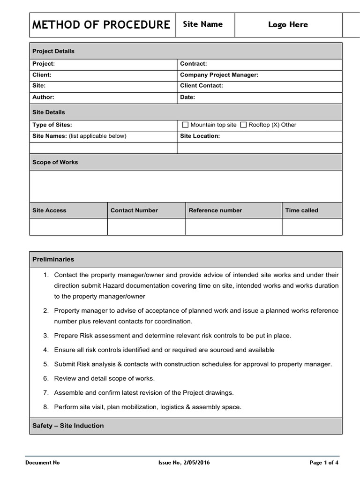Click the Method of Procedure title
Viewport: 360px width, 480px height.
pyautogui.click(x=101, y=25)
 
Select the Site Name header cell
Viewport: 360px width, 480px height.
pyautogui.click(x=202, y=24)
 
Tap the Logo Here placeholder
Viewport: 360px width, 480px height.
pyautogui.click(x=288, y=25)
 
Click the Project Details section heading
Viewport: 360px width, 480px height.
pyautogui.click(x=53, y=51)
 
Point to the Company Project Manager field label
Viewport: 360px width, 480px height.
pyautogui.click(x=219, y=75)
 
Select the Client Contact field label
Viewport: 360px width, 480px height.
pyautogui.click(x=202, y=86)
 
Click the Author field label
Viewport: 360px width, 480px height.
pyautogui.click(x=43, y=97)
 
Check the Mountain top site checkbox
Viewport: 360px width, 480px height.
pyautogui.click(x=185, y=125)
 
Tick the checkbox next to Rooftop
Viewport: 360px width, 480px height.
pyautogui.click(x=243, y=125)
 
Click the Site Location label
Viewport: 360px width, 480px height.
pyautogui.click(x=200, y=136)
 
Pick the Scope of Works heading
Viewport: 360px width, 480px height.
pyautogui.click(x=55, y=162)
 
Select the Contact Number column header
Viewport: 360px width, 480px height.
pyautogui.click(x=134, y=210)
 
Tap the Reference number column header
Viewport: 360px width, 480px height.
pyautogui.click(x=215, y=210)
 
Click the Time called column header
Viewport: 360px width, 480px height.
pyautogui.click(x=301, y=210)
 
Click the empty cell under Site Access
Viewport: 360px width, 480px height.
pyautogui.click(x=68, y=227)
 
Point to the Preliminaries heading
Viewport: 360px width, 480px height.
pyautogui.click(x=53, y=259)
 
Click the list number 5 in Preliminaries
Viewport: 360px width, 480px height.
pyautogui.click(x=46, y=364)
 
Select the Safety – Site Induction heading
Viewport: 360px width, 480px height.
pyautogui.click(x=68, y=426)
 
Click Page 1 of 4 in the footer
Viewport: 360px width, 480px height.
pyautogui.click(x=324, y=463)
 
